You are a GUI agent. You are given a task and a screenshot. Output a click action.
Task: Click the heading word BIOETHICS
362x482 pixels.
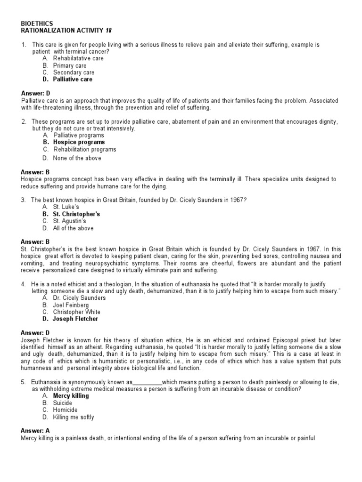tap(37, 23)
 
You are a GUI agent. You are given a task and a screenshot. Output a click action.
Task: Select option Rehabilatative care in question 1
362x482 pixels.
tap(78, 58)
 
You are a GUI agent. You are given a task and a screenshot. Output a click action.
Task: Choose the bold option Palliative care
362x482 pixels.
tap(73, 80)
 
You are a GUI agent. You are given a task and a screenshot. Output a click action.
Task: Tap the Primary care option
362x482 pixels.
tap(70, 65)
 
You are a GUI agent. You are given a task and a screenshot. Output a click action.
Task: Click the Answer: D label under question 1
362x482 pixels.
tap(35, 94)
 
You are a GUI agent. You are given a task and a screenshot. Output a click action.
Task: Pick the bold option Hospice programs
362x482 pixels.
tap(79, 142)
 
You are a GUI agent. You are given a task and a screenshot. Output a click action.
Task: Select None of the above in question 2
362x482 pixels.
tap(77, 158)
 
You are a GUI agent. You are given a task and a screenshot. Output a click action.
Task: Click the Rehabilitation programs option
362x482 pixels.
tap(84, 150)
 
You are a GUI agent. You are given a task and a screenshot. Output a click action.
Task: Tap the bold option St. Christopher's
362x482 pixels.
tap(76, 214)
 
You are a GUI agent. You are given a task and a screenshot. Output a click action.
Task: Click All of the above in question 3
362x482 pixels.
tap(73, 228)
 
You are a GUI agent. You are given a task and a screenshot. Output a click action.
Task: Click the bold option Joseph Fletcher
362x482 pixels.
tap(75, 319)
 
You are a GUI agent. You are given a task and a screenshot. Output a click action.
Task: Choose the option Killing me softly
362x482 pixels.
tap(74, 417)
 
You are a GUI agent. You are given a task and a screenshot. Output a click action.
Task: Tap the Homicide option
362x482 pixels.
tap(66, 410)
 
